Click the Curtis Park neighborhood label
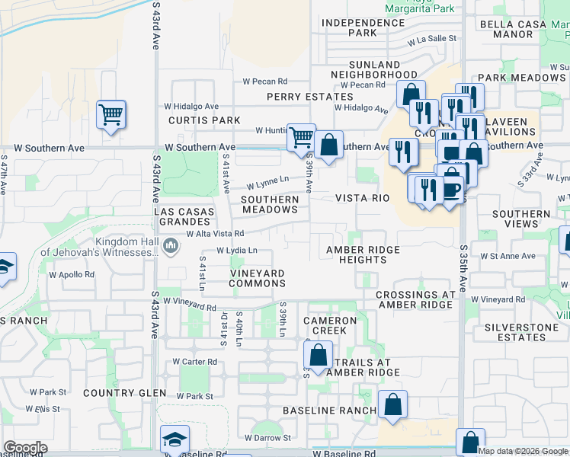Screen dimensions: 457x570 tap(204, 120)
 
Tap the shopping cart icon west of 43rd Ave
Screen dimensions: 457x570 tap(110, 116)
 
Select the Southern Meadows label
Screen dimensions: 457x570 tap(270, 204)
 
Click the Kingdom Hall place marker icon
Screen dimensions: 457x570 tap(170, 245)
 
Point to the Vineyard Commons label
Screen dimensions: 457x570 tap(258, 278)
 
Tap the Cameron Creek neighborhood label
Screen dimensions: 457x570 tap(330, 325)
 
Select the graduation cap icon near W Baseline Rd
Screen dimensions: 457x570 tap(175, 439)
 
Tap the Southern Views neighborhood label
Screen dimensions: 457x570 tap(521, 219)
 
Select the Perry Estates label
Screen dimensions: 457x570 tap(299, 97)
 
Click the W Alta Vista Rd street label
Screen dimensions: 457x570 tap(215, 234)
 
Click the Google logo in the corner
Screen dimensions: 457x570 tap(25, 448)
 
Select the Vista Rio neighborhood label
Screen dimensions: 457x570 tap(363, 198)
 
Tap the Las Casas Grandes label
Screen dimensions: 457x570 tap(183, 217)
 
